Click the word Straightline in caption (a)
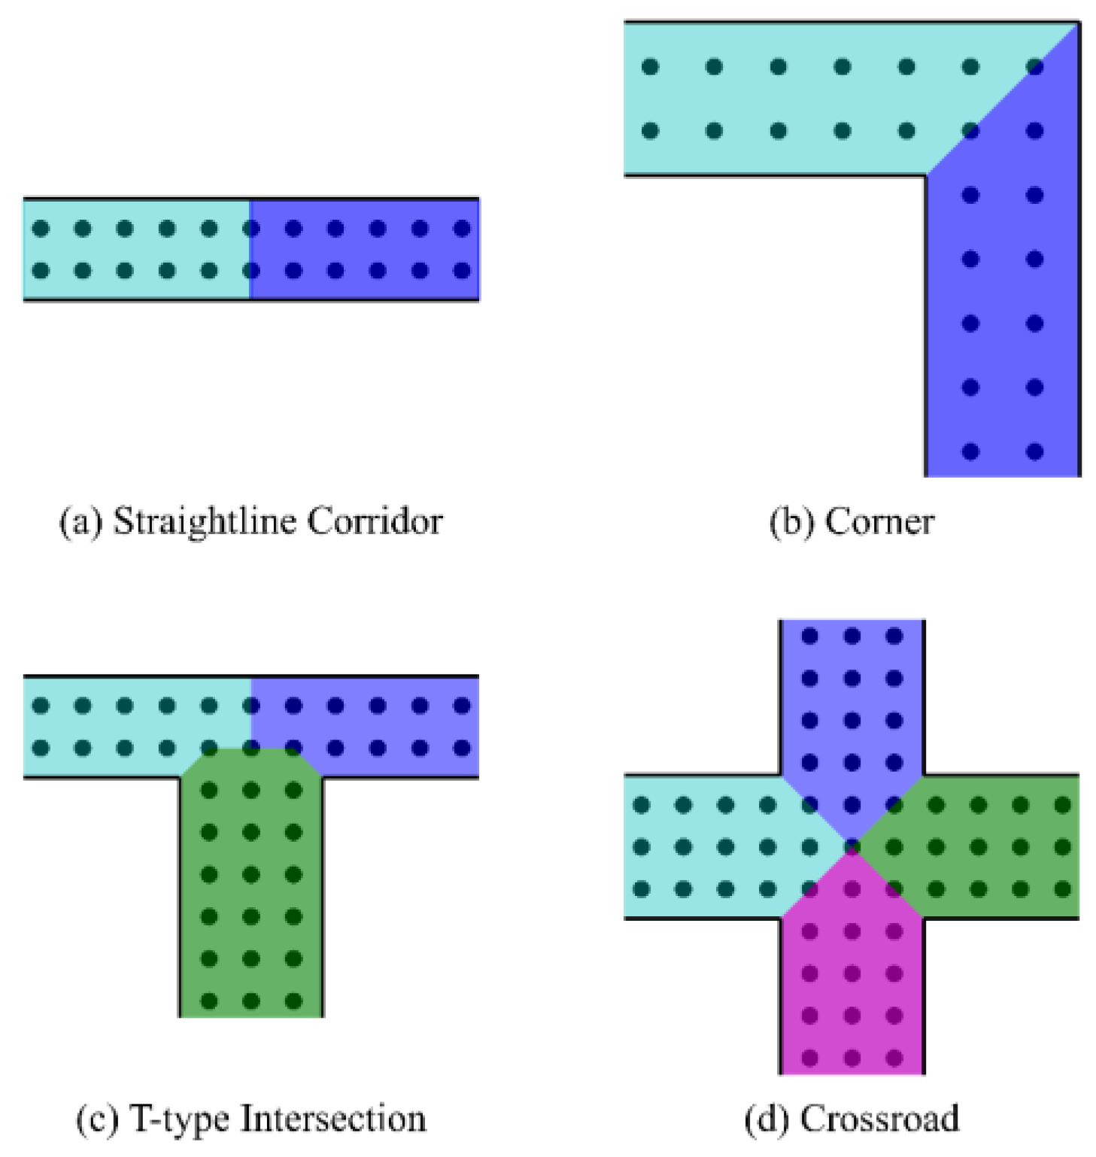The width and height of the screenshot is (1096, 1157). pyautogui.click(x=202, y=521)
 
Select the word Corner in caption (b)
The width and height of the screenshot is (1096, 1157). pyautogui.click(x=879, y=521)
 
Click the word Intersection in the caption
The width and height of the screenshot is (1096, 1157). pyautogui.click(x=332, y=1119)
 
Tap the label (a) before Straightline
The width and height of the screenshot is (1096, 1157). pyautogui.click(x=80, y=521)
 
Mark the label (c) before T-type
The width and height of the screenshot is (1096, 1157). pyautogui.click(x=98, y=1119)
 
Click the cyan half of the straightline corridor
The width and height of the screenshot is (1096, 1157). pyautogui.click(x=135, y=249)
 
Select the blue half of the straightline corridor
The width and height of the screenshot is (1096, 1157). pyautogui.click(x=365, y=249)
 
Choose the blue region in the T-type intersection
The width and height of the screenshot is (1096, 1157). pyautogui.click(x=376, y=726)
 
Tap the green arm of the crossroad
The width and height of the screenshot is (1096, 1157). pyautogui.click(x=993, y=846)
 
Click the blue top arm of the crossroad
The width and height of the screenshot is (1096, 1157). pyautogui.click(x=852, y=700)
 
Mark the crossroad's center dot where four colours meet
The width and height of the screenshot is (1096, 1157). pyautogui.click(x=852, y=847)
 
